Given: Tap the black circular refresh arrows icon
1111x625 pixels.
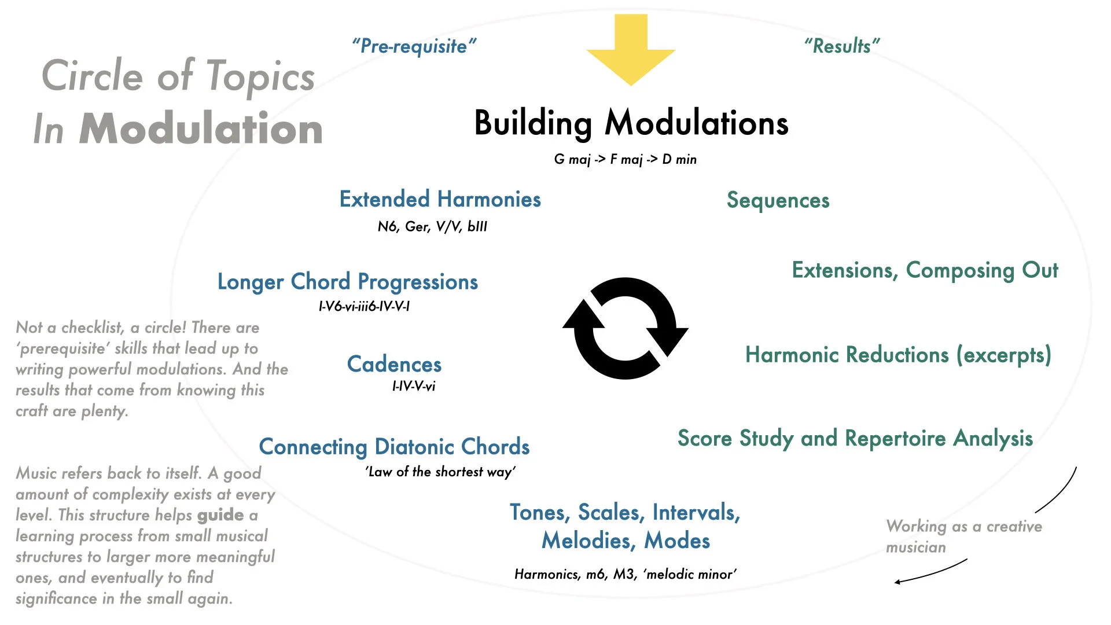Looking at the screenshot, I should point(626,328).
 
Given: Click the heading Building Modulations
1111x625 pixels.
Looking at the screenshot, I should point(631,123).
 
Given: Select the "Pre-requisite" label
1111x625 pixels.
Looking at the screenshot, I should point(414,46).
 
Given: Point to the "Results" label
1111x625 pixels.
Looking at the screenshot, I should point(842,46).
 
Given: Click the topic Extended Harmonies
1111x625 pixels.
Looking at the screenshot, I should point(440,199).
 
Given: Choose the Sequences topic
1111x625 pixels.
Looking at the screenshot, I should point(778,200).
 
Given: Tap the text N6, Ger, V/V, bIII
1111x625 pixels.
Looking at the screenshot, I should point(432,226).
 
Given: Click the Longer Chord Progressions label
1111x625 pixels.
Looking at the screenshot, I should point(347,282).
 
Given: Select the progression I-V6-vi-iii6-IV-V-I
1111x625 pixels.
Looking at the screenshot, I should point(364,306).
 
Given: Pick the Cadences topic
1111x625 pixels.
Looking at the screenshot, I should point(394,364).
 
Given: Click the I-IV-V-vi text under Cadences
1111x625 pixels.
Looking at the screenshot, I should point(413,386).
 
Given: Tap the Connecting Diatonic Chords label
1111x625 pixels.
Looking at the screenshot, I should point(394,447).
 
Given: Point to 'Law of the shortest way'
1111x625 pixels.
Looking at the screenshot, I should point(440,472).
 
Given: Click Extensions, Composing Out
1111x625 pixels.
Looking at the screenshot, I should point(925,270).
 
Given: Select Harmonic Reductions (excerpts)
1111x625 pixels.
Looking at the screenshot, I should point(898,355).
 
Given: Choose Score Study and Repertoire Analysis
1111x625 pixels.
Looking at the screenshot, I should point(855,438).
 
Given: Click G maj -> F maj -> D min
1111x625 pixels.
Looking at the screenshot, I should point(625,159).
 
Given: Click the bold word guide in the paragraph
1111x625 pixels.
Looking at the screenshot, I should point(220,515).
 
